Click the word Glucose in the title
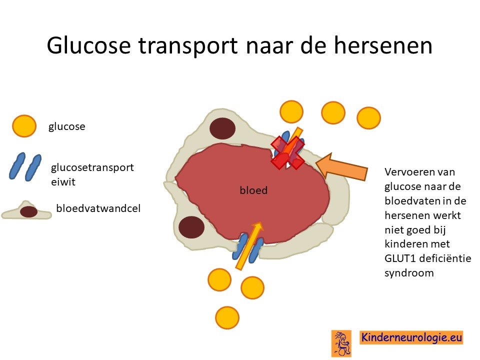click(89, 45)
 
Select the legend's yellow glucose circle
click(24, 126)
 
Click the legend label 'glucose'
click(66, 126)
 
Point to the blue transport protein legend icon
click(25, 167)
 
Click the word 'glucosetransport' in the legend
click(92, 167)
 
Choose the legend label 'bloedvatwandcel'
click(98, 208)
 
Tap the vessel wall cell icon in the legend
click(27, 210)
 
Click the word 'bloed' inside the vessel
click(253, 190)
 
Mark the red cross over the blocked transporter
click(288, 152)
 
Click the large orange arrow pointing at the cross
click(341, 167)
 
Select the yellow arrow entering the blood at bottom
click(249, 245)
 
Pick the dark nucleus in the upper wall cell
click(223, 128)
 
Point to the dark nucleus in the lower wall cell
click(191, 227)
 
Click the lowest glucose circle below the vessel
click(227, 318)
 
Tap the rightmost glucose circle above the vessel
click(369, 118)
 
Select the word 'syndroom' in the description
click(409, 273)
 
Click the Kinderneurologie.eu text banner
click(411, 337)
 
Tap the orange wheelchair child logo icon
click(341, 343)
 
